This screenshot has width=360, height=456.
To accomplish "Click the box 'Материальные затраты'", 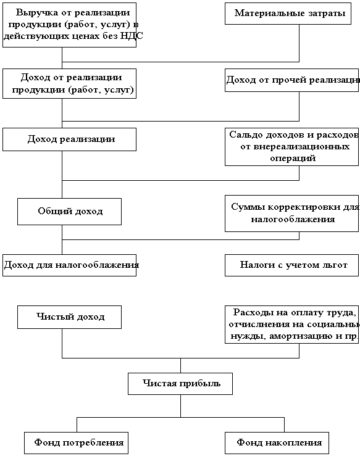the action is pyautogui.click(x=288, y=14).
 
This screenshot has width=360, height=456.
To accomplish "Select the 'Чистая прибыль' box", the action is pyautogui.click(x=180, y=384).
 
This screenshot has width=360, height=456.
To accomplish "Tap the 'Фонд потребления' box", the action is pyautogui.click(x=76, y=443).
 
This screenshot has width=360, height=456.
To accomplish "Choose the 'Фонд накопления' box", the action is pyautogui.click(x=277, y=443).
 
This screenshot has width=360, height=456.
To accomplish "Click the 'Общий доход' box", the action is pyautogui.click(x=69, y=212).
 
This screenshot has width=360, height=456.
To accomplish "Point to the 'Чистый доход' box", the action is pyautogui.click(x=69, y=317).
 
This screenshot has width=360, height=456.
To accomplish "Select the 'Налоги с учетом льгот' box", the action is pyautogui.click(x=291, y=265).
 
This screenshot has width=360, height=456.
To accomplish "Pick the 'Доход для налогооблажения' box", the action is pyautogui.click(x=70, y=265).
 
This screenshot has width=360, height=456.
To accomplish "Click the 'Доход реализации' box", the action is pyautogui.click(x=70, y=139).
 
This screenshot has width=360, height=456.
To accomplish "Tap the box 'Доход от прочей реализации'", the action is pyautogui.click(x=291, y=80).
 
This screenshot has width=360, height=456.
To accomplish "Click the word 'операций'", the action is pyautogui.click(x=293, y=159).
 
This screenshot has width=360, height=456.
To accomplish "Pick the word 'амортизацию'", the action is pyautogui.click(x=301, y=336).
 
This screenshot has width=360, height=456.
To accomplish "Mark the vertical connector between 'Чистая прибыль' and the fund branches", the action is pyautogui.click(x=180, y=406).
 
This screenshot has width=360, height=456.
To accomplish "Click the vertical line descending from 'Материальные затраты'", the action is pyautogui.click(x=299, y=43).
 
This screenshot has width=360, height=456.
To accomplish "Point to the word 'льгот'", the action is pyautogui.click(x=335, y=265).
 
